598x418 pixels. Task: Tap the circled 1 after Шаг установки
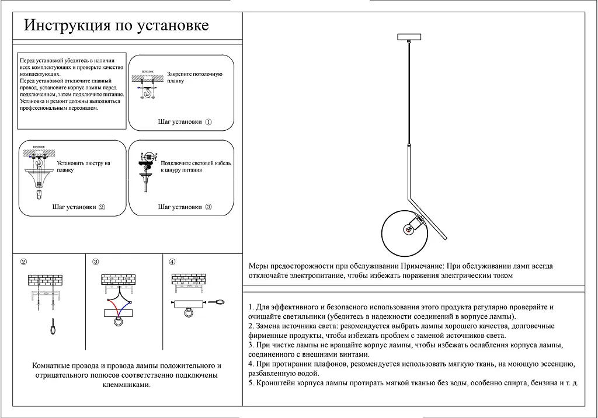(x=208, y=123)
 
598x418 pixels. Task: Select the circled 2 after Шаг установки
(x=102, y=207)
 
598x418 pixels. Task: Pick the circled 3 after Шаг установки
(x=208, y=207)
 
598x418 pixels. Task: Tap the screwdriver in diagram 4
(x=217, y=302)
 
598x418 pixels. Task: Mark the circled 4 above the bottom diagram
(x=172, y=262)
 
